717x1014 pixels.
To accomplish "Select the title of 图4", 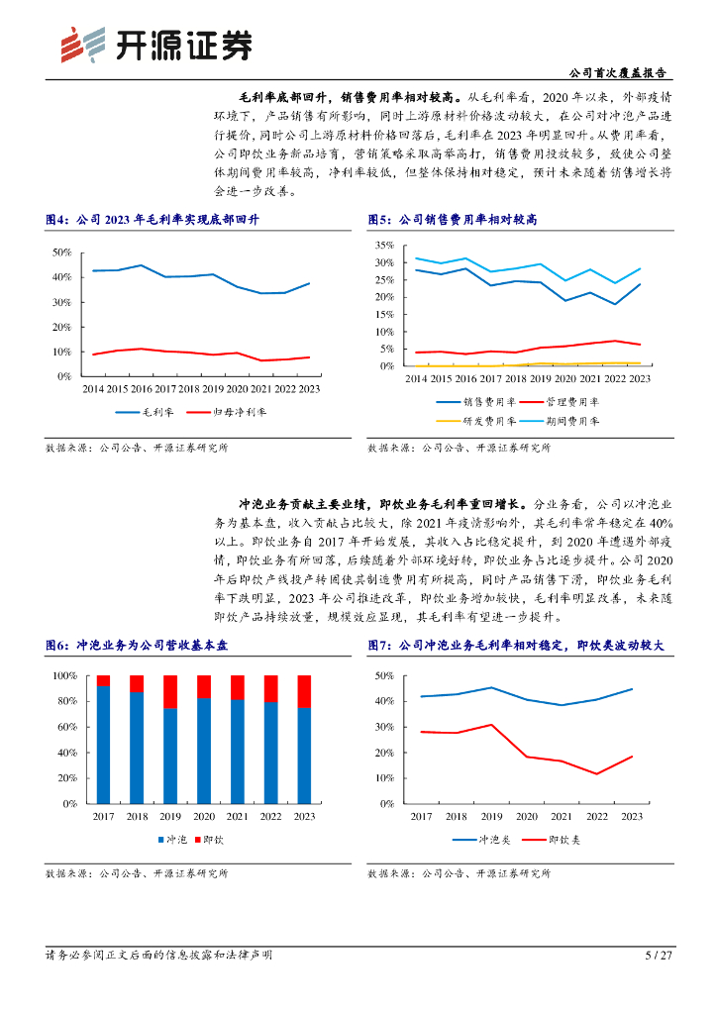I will click(157, 219).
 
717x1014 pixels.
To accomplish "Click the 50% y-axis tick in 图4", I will click(60, 253).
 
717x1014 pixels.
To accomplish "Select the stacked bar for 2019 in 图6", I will click(170, 740).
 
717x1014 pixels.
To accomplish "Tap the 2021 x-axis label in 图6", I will click(237, 816).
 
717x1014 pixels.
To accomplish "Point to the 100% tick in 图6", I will click(63, 675).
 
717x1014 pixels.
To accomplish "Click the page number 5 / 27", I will click(658, 956).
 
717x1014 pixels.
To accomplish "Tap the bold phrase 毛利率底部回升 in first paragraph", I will click(277, 97).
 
